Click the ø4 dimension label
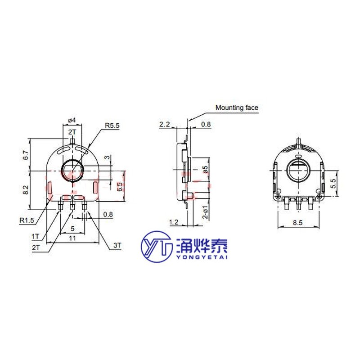[x=72, y=120]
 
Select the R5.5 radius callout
[x=112, y=126]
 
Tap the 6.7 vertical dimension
[x=26, y=155]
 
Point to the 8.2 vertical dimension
[x=26, y=190]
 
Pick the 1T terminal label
[x=35, y=236]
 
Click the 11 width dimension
[x=72, y=239]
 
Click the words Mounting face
[x=237, y=108]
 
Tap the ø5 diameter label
[x=205, y=170]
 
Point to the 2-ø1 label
[x=205, y=211]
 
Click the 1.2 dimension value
[x=173, y=222]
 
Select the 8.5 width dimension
[x=297, y=222]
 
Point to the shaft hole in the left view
[x=72, y=170]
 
